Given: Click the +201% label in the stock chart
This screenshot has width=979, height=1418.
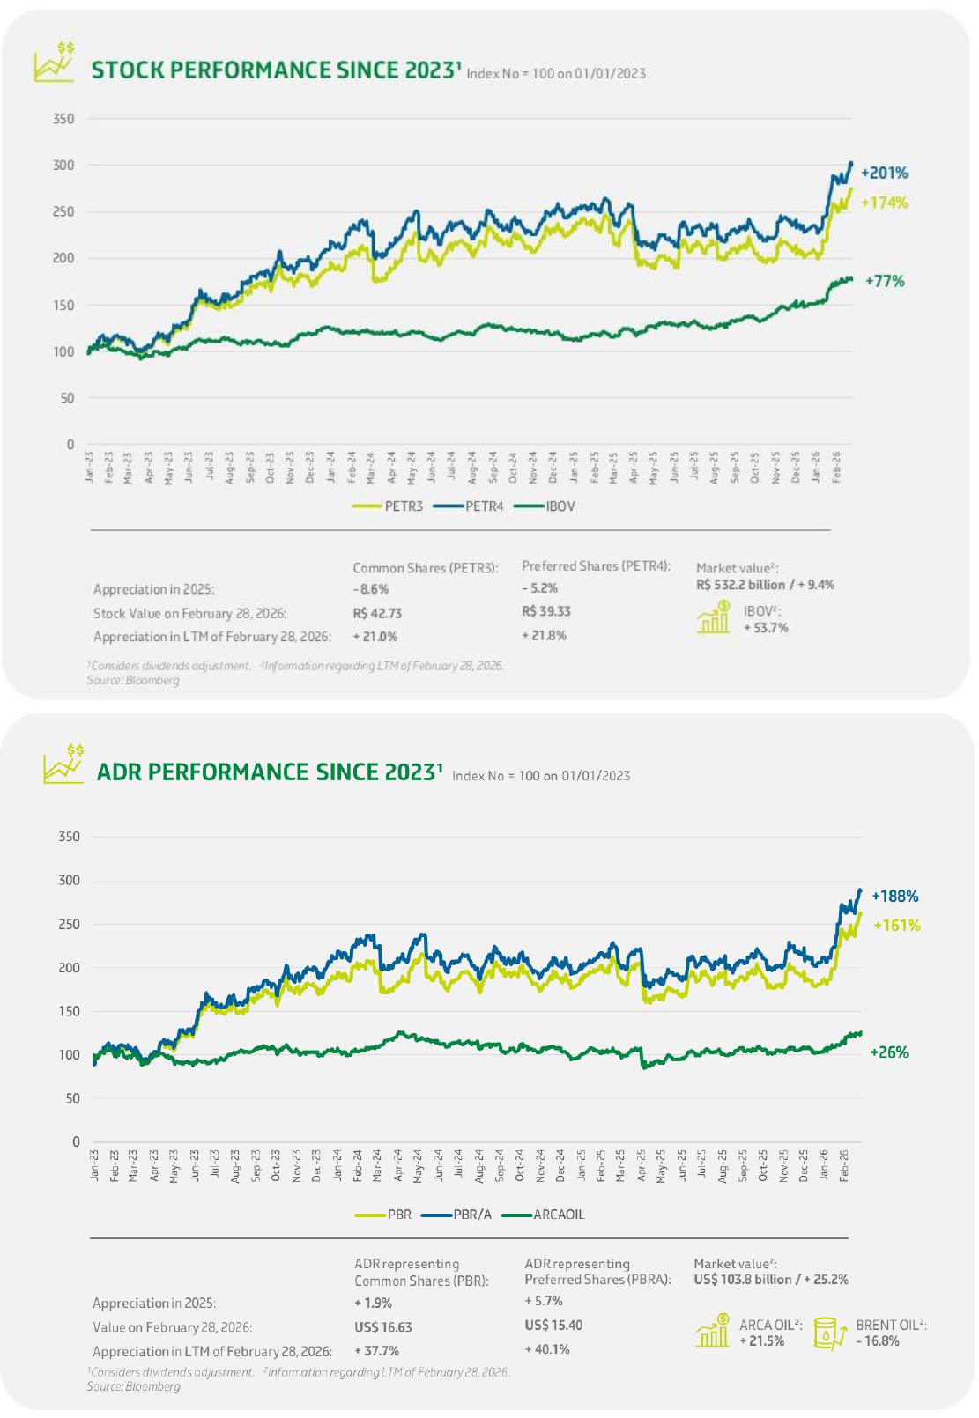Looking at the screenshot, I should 884,173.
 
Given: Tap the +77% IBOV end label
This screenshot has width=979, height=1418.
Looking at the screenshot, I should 885,281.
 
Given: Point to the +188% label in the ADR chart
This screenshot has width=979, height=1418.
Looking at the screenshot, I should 894,896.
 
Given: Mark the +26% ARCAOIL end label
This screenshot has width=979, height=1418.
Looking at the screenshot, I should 888,1052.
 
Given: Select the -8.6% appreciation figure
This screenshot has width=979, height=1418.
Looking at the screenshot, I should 370,589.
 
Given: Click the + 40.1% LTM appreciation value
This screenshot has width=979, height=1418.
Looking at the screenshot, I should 547,1348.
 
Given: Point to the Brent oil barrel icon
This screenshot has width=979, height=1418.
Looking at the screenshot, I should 828,1333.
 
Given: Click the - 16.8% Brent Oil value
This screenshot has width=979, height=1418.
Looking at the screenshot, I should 878,1341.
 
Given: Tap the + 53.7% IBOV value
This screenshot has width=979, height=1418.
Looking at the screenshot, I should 766,628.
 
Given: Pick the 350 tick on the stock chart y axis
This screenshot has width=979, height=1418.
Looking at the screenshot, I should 63,119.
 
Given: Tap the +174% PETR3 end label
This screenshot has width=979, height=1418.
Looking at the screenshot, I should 884,203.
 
